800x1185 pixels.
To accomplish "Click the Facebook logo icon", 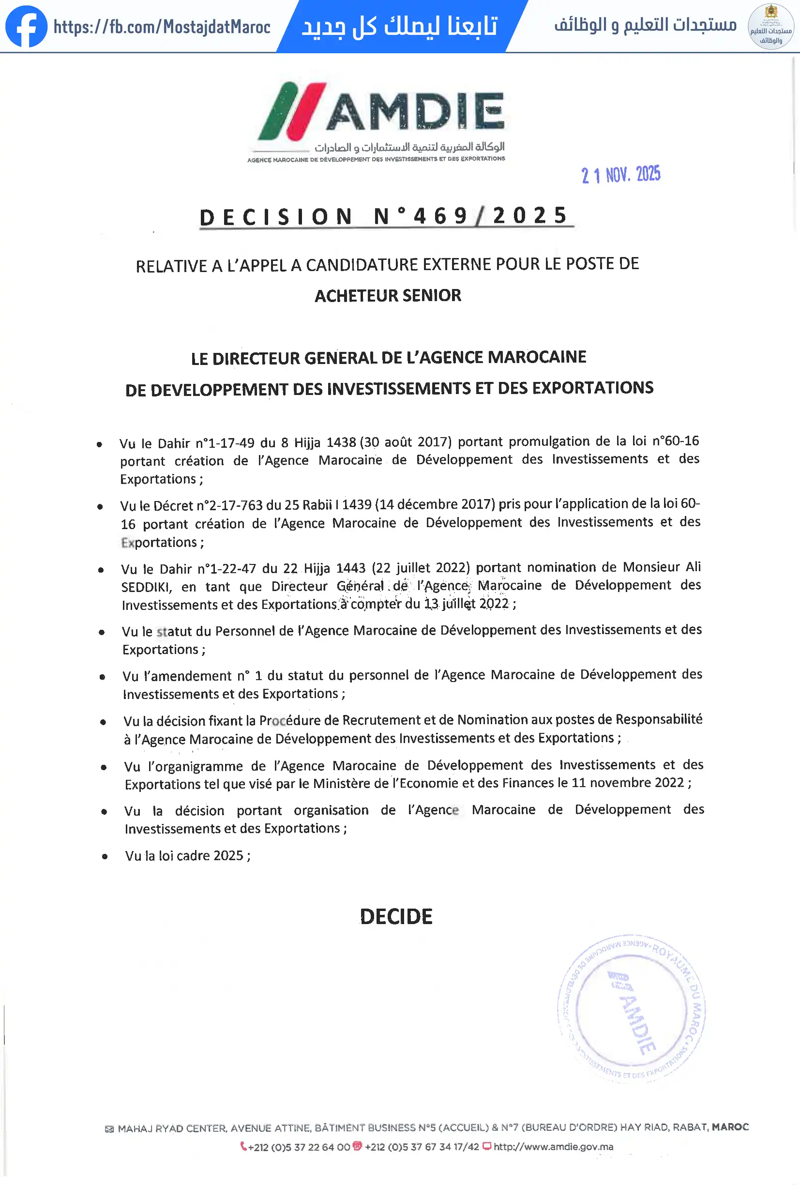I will [26, 27].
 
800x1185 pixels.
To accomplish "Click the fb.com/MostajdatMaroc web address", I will [162, 27].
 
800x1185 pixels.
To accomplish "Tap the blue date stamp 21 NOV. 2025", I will [620, 175].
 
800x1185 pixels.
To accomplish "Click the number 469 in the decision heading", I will [441, 216].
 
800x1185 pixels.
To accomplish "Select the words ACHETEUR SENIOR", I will [388, 296].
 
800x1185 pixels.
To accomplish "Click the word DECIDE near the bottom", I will [396, 917].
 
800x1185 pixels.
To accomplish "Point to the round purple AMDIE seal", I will [631, 1009].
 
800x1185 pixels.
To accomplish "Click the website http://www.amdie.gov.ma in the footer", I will [553, 1147].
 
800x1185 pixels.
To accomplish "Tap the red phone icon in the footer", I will [243, 1146].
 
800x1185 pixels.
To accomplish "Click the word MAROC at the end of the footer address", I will [730, 1127].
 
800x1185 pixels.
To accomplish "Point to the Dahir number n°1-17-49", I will [225, 442].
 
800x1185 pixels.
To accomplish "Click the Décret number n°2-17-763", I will [229, 505].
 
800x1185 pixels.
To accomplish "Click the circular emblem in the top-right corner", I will [770, 27].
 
